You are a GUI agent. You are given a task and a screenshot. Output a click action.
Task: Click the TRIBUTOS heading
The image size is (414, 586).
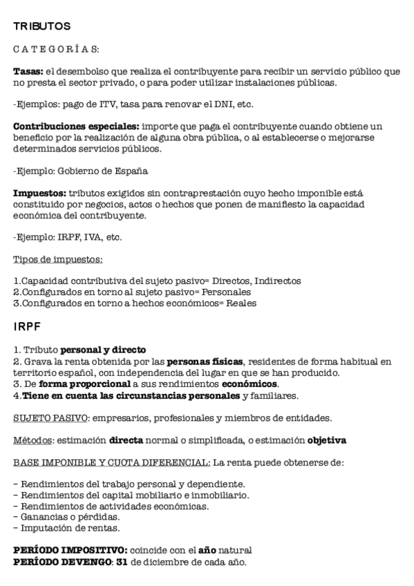click(x=41, y=27)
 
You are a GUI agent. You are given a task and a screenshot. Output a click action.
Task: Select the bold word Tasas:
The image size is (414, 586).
click(x=29, y=71)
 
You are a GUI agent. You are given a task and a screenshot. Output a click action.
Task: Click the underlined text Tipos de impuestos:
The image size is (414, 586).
click(x=58, y=259)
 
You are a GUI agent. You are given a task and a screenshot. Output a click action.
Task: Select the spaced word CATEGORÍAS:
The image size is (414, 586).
click(x=56, y=49)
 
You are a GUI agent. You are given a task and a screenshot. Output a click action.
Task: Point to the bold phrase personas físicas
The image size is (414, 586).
click(x=205, y=361)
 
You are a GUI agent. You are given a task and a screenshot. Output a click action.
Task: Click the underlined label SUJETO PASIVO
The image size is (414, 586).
click(x=50, y=417)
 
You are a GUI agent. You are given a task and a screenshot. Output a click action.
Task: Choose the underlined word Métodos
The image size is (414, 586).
click(x=32, y=439)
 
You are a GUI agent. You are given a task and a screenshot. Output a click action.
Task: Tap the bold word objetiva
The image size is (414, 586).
click(x=327, y=439)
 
